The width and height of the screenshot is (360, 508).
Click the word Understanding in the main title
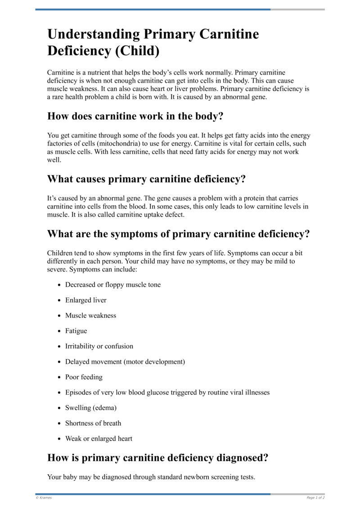coord(93,35)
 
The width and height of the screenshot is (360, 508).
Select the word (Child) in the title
coord(137,51)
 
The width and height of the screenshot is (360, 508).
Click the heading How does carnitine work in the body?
coord(135,116)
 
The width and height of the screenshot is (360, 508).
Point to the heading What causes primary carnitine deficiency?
coord(147,179)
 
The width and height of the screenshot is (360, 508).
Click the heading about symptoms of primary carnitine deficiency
coord(179,234)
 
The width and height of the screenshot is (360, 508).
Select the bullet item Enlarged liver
coord(86,300)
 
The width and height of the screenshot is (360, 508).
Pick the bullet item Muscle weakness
coord(90,316)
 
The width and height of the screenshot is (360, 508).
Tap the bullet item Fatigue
coord(76,331)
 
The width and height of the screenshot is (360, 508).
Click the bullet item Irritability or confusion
coord(99,346)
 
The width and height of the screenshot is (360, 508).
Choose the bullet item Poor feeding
coord(84,377)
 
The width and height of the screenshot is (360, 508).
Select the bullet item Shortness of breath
coord(93,423)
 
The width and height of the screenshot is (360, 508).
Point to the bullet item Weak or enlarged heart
coord(99,438)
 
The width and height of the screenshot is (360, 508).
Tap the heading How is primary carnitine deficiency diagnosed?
coord(158,458)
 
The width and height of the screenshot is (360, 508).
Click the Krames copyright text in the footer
coord(44,498)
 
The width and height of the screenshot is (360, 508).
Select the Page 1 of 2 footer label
coord(315,498)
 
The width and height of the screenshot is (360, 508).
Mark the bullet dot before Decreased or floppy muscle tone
coord(60,285)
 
